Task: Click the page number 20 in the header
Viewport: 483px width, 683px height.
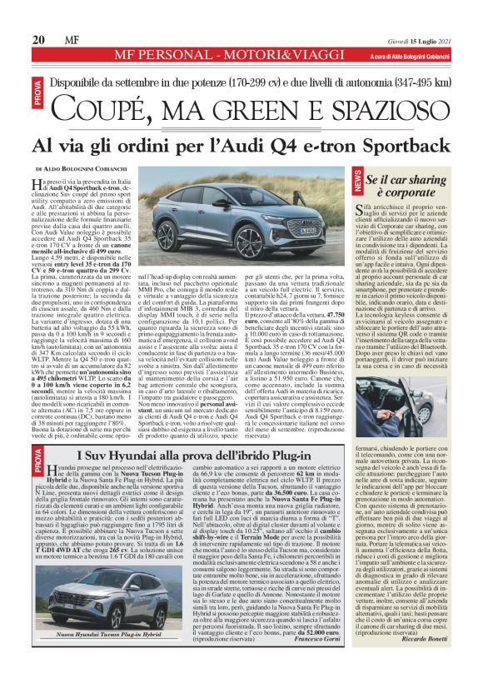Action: (38, 39)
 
